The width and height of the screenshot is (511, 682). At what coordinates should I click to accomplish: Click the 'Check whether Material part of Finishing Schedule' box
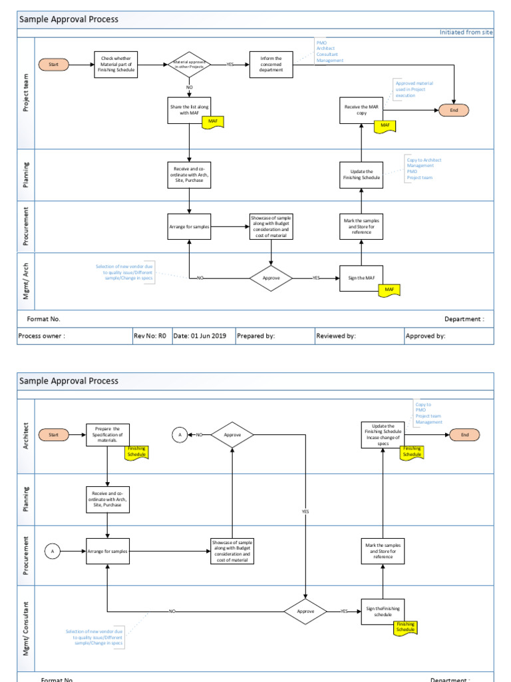[116, 65]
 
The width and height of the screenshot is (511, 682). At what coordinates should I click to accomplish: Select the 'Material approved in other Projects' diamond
[190, 65]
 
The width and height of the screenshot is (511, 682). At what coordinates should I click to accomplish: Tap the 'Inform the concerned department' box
[271, 65]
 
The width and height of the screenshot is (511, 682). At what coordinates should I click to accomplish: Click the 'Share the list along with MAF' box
[190, 110]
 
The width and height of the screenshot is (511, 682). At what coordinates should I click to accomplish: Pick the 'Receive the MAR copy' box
[361, 110]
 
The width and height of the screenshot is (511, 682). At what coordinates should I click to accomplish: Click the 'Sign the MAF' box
[361, 278]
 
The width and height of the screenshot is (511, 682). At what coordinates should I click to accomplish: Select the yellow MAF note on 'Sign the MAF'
[389, 290]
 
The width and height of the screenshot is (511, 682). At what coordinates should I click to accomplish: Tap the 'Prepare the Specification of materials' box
[107, 435]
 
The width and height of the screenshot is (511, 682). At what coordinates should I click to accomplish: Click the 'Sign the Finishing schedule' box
[383, 611]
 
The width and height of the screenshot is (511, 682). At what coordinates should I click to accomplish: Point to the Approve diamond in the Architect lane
[232, 435]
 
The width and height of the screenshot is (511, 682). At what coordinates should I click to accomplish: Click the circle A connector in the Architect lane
[178, 435]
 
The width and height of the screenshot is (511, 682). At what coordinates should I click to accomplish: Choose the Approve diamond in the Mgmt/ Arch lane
[271, 278]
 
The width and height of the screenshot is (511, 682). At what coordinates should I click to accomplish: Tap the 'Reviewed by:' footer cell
[359, 336]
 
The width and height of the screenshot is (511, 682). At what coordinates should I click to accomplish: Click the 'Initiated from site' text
[466, 32]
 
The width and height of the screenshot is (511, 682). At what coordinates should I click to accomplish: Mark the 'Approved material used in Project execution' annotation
[414, 89]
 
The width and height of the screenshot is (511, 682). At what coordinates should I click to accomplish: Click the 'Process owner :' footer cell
[73, 336]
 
